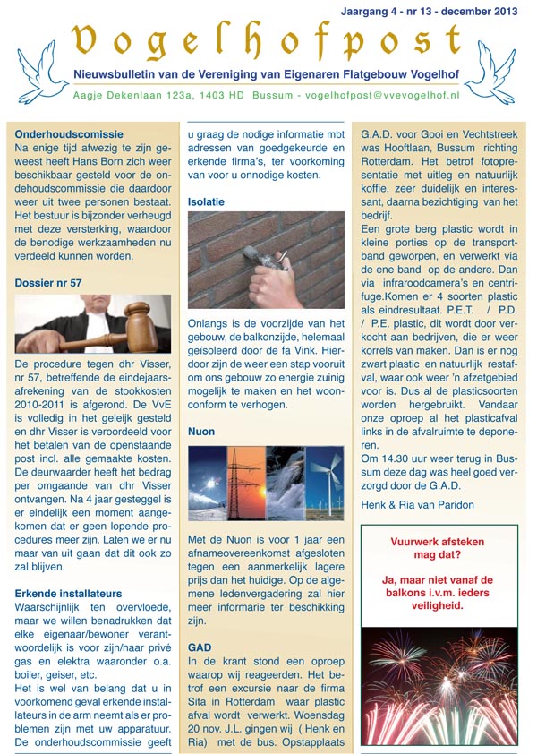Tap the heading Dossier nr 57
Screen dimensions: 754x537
[48, 283]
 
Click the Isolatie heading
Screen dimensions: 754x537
[206, 202]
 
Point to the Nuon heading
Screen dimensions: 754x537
[201, 432]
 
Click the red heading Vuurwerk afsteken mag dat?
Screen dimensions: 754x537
[439, 548]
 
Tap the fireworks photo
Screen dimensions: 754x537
[439, 687]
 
